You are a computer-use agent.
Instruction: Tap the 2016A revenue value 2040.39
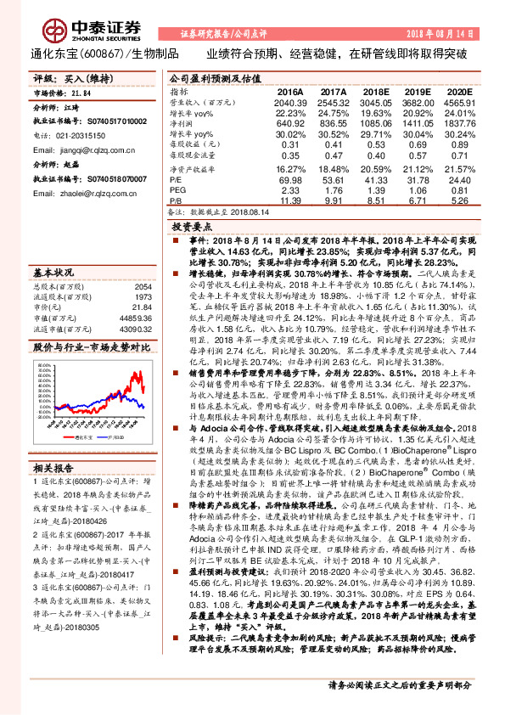(290, 101)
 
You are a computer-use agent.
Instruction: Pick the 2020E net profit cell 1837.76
(460, 122)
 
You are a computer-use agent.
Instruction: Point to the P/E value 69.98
(290, 179)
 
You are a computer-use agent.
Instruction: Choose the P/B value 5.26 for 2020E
(460, 200)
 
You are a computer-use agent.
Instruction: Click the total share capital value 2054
(143, 287)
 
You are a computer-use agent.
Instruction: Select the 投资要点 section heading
(191, 228)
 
